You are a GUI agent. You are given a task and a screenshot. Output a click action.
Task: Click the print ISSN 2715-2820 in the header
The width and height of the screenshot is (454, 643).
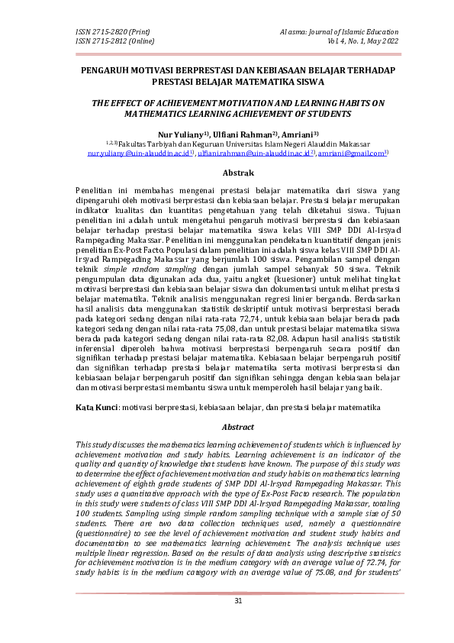tap(111, 31)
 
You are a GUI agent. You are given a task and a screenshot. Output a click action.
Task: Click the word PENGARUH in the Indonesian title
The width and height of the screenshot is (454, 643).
tap(107, 69)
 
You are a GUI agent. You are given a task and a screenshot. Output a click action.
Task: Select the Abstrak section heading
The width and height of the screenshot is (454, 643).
tap(227, 173)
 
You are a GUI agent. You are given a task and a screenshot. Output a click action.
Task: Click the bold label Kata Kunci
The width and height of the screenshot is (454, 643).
tap(95, 409)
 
